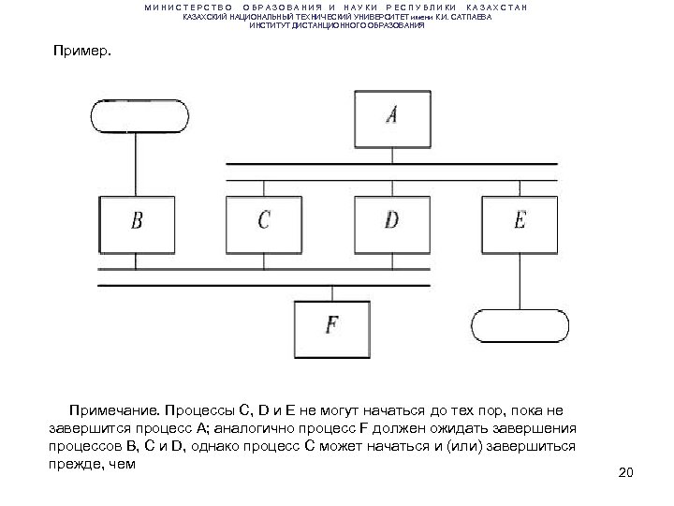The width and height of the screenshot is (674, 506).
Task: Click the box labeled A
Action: [x=392, y=115]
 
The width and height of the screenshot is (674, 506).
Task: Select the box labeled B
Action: [x=138, y=223]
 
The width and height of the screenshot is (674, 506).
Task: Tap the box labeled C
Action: [x=264, y=223]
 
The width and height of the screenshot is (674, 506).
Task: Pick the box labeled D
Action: [x=391, y=223]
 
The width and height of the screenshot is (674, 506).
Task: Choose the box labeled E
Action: [x=520, y=223]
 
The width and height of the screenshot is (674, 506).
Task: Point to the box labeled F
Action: [x=331, y=325]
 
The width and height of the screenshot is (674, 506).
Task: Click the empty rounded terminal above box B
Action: [x=137, y=115]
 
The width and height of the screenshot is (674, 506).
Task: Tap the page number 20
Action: [x=626, y=470]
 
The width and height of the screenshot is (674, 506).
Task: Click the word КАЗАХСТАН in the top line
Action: [x=496, y=7]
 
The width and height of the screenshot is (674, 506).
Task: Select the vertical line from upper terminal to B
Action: [x=137, y=164]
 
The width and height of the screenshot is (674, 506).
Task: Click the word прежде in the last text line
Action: [x=71, y=464]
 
